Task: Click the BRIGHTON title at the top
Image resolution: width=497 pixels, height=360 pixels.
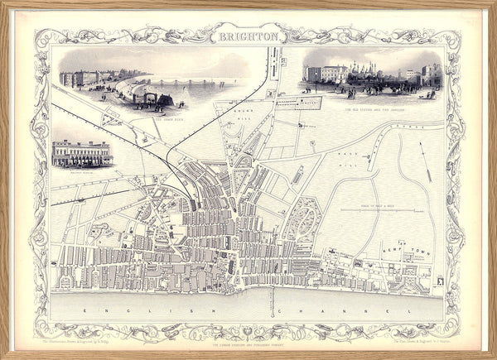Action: coord(248,37)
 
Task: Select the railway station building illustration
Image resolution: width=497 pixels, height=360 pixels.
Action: coord(81,152)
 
